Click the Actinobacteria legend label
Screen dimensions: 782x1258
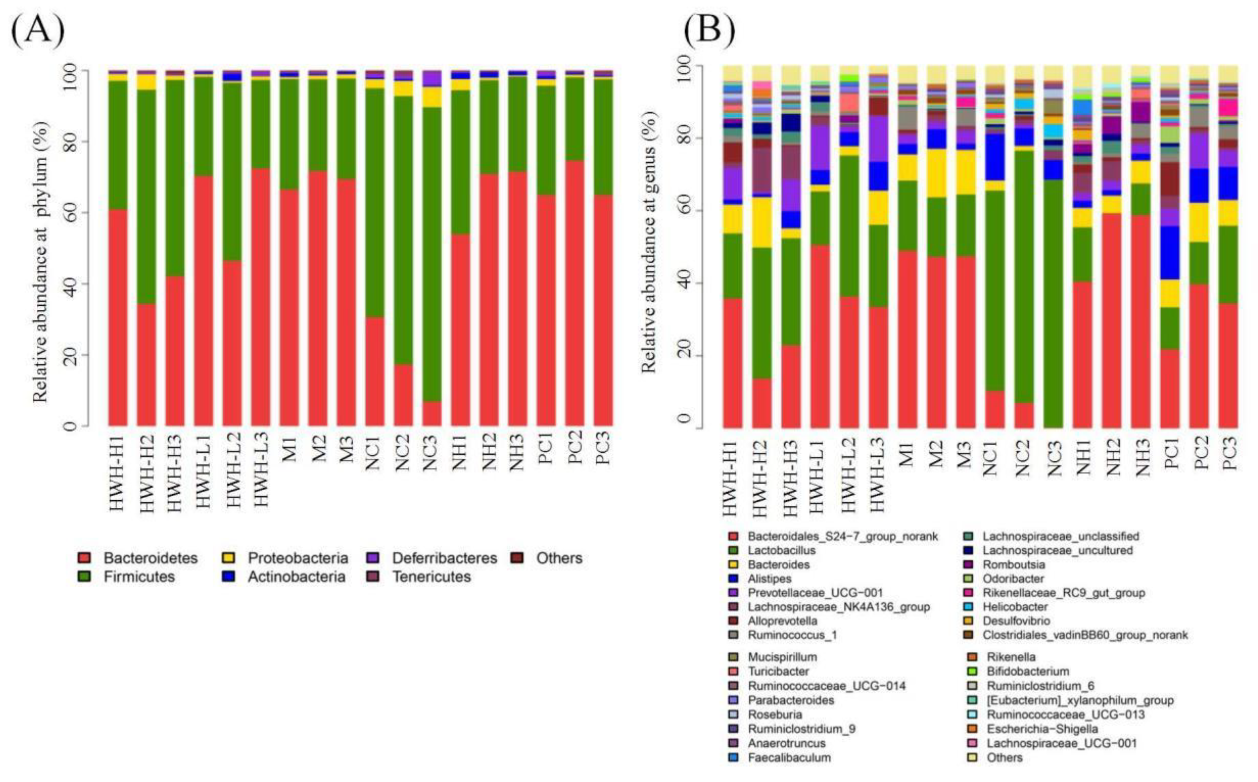click(296, 577)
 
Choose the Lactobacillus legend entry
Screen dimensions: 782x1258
click(781, 550)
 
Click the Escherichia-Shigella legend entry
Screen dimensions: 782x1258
click(1042, 729)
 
